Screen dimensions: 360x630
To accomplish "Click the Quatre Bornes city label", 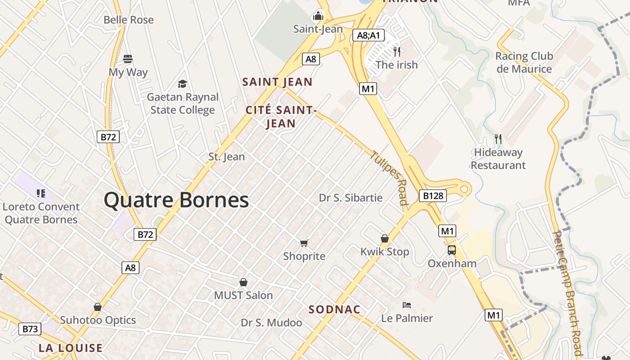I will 176,200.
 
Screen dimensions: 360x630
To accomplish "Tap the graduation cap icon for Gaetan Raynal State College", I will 182,84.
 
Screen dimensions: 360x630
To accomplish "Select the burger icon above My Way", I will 128,59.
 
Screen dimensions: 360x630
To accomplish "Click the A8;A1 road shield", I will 368,36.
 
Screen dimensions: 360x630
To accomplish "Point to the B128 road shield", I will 432,196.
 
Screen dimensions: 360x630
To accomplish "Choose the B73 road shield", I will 30,329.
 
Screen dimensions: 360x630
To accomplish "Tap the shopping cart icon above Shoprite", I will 304,243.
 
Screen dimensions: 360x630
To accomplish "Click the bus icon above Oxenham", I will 451,250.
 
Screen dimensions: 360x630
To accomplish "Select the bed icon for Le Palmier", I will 407,305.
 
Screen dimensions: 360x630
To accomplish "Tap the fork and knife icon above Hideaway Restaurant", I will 498,139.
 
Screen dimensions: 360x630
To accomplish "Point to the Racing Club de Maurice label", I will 524,63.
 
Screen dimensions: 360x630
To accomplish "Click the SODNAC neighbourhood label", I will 334,310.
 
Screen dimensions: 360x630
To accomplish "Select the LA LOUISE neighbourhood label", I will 71,348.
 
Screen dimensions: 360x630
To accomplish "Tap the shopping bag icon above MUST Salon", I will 243,282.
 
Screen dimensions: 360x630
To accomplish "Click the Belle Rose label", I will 128,20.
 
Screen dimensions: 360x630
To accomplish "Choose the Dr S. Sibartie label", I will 351,198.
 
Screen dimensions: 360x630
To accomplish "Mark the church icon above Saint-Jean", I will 318,16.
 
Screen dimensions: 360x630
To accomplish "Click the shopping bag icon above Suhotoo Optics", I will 98,307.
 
